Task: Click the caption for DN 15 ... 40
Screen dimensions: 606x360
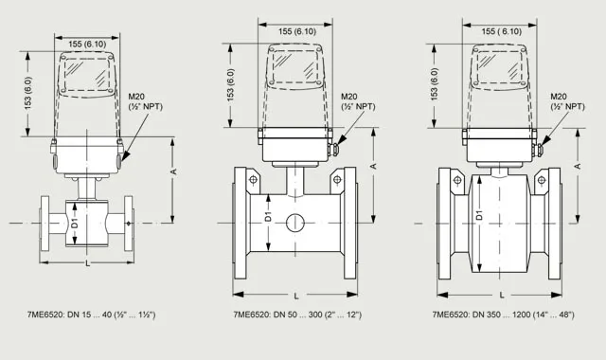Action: (x=91, y=315)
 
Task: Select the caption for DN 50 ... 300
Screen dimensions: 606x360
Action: (x=297, y=315)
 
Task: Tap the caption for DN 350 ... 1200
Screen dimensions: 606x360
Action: (x=503, y=315)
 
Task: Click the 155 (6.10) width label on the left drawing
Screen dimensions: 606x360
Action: (x=87, y=45)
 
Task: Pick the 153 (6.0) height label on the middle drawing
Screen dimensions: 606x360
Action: (x=231, y=85)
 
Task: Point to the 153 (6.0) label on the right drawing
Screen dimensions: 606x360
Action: (x=435, y=84)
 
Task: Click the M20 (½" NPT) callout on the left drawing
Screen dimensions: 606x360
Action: (x=145, y=101)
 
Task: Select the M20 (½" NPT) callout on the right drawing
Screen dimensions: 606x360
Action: (x=568, y=101)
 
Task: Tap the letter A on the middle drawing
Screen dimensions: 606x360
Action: (x=373, y=167)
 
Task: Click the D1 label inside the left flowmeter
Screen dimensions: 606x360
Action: (x=75, y=224)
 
